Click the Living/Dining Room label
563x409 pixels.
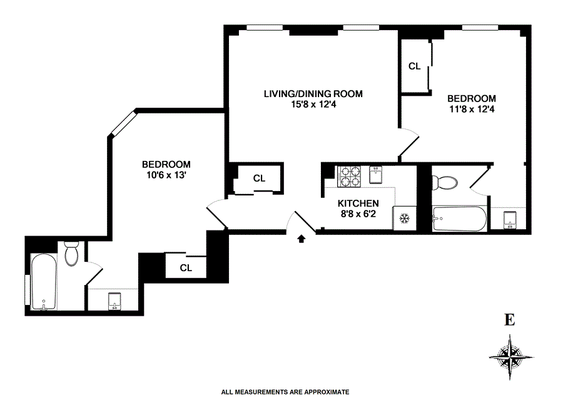tap(313, 94)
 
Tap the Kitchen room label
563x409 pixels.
tap(358, 204)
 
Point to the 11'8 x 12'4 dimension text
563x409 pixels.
tap(471, 110)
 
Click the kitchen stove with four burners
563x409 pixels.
tap(348, 177)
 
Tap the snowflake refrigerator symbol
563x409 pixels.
tap(404, 219)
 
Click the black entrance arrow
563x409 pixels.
tap(302, 238)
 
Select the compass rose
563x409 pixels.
tap(511, 357)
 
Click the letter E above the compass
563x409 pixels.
tap(510, 321)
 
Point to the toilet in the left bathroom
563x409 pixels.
tap(71, 254)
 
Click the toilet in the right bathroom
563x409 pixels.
tap(447, 182)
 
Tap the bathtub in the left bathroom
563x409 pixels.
tap(44, 282)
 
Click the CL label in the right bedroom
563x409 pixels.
tap(414, 66)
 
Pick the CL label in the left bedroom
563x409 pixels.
tap(185, 268)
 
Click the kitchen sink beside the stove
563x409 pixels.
tap(375, 176)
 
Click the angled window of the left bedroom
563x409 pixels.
tap(123, 123)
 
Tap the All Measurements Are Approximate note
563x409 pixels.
tap(285, 392)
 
